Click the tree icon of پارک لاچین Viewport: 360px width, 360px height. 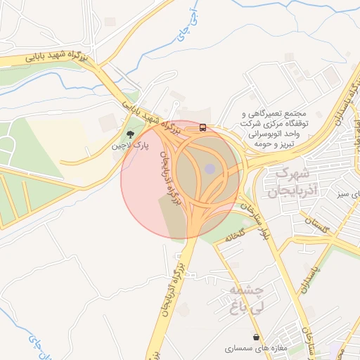click(129, 134)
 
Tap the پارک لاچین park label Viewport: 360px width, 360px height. click(129, 147)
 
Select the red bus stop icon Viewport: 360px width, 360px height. click(203, 127)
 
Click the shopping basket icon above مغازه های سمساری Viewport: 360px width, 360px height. click(256, 337)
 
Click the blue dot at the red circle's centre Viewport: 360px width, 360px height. click(210, 169)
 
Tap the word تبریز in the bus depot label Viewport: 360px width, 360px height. click(288, 143)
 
